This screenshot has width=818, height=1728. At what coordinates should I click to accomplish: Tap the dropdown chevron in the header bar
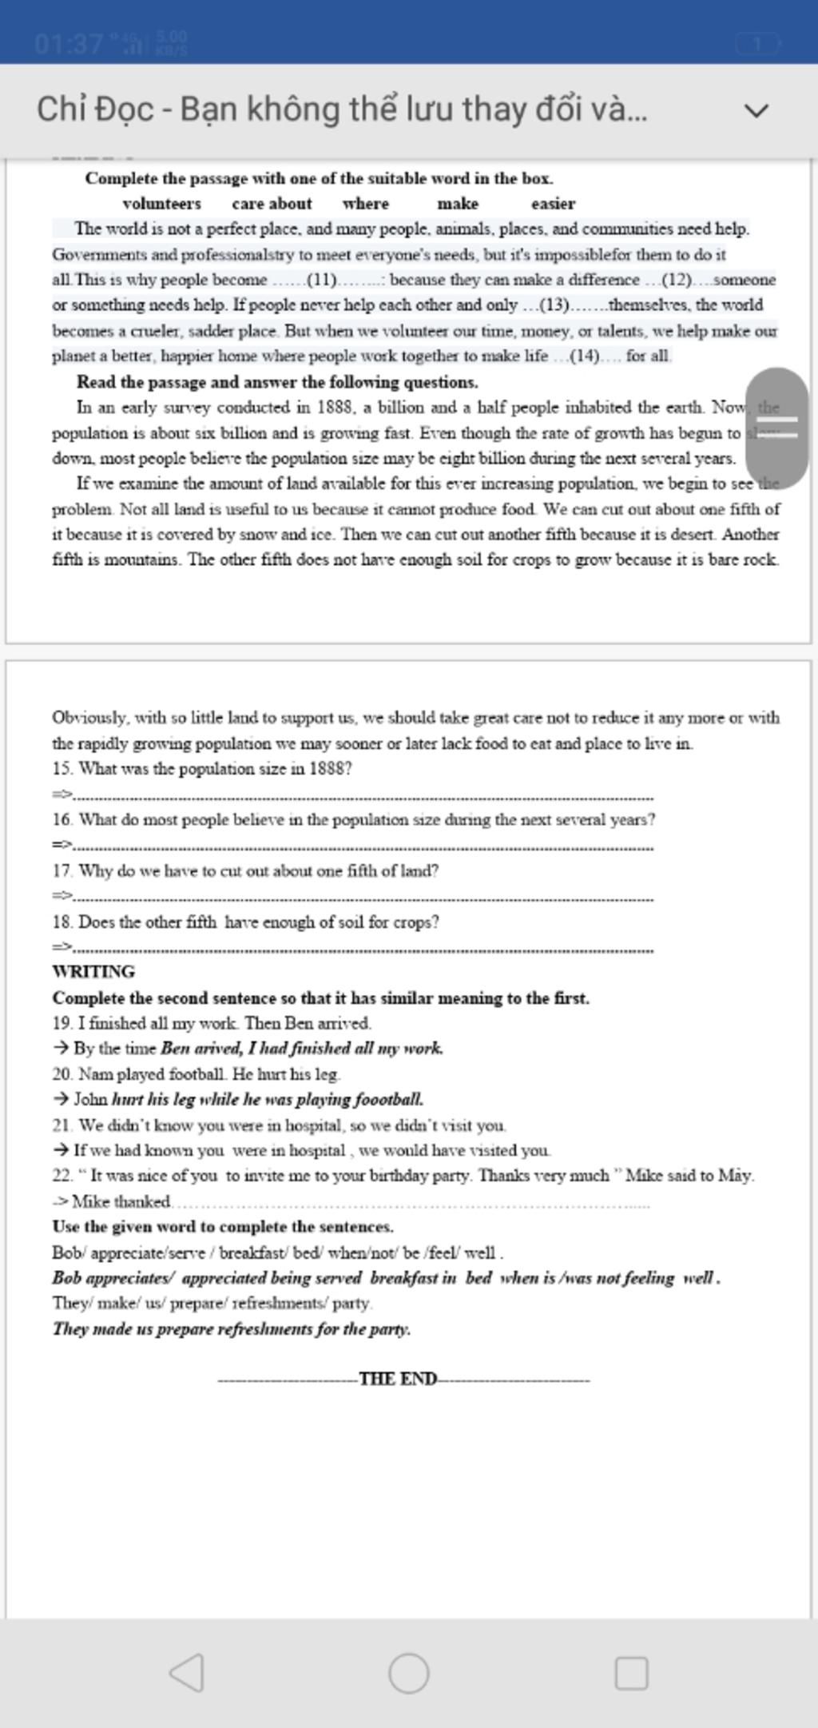point(756,110)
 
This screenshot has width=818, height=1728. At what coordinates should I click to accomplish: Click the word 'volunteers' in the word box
point(161,204)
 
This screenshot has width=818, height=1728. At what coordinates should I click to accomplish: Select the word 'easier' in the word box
point(553,204)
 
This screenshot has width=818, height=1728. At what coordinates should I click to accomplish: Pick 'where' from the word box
point(365,204)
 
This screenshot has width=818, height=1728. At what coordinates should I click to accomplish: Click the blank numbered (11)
point(327,281)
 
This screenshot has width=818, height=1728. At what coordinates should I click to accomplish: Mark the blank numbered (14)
point(585,356)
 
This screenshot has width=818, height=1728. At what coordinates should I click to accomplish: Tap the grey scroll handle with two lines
point(777,428)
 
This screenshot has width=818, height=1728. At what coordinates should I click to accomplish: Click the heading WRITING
point(93,972)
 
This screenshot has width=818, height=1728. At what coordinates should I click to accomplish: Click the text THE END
point(398,1379)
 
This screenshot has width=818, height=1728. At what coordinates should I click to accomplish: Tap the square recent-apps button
point(631,1673)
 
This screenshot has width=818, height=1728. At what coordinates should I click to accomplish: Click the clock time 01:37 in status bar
point(68,43)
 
